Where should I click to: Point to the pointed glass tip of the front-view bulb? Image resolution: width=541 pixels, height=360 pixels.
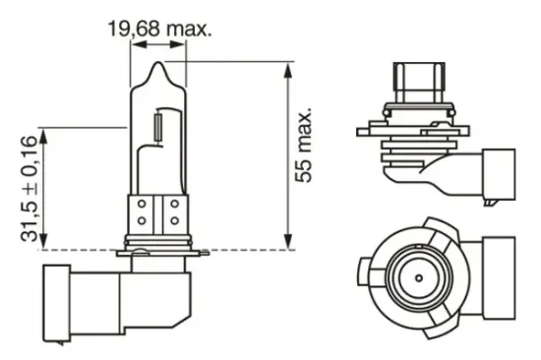158,68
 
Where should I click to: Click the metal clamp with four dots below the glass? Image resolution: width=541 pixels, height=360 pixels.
157,210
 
